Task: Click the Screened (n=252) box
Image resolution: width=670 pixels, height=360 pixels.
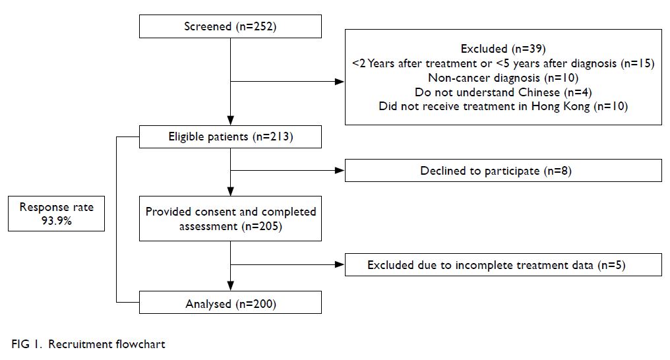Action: (x=230, y=26)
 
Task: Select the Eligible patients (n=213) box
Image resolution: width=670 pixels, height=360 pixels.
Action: (x=230, y=136)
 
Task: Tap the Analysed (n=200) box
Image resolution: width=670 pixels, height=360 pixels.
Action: (x=230, y=303)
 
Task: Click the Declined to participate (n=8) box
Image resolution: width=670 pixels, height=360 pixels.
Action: (x=503, y=170)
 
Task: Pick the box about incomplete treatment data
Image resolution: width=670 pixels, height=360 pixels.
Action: (x=503, y=265)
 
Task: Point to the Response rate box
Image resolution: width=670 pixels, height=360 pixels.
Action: (x=57, y=214)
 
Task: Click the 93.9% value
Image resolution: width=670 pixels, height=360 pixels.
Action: (x=57, y=221)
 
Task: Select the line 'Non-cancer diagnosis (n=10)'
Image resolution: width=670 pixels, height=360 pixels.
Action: (x=503, y=78)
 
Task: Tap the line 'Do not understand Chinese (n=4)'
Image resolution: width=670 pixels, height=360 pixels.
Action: (x=503, y=92)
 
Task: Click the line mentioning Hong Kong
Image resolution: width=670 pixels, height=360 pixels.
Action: (x=503, y=106)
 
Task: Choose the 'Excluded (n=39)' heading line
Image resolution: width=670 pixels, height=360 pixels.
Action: (x=503, y=49)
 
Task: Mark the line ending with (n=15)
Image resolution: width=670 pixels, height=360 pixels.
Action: (x=503, y=63)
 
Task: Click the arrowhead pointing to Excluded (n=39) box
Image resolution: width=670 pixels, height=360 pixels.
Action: (x=340, y=82)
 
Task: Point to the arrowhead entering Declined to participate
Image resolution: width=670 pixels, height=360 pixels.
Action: (x=340, y=171)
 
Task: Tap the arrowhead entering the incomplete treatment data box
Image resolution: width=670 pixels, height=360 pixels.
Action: (x=340, y=265)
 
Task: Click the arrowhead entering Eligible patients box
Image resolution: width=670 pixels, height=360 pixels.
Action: (x=230, y=121)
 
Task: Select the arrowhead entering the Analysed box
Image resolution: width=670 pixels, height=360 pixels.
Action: (x=230, y=286)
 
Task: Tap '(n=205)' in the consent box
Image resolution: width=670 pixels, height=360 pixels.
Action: (x=262, y=226)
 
